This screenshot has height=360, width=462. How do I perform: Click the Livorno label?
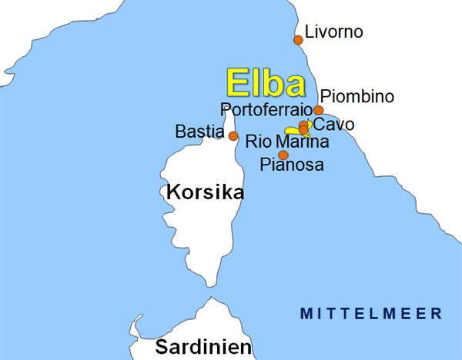[x=333, y=32]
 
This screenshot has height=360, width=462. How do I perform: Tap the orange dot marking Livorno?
[x=298, y=40]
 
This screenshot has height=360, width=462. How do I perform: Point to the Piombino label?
[x=357, y=97]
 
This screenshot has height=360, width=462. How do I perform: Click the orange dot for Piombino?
[x=318, y=110]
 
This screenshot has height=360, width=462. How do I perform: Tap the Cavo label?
[x=334, y=124]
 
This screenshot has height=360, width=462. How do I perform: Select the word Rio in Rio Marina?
[x=258, y=142]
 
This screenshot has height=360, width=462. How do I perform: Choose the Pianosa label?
[x=292, y=165]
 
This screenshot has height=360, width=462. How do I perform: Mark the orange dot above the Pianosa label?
[x=283, y=155]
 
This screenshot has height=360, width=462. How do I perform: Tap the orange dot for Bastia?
[x=233, y=136]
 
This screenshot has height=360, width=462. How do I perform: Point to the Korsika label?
[x=205, y=192]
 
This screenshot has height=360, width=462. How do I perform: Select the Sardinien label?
[x=203, y=347]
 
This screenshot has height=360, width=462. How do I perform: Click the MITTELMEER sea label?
[x=371, y=314]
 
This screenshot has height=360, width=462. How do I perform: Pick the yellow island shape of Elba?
[x=292, y=132]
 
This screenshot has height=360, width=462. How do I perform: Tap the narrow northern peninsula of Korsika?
[x=229, y=119]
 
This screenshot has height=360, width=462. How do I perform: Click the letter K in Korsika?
[x=173, y=192]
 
